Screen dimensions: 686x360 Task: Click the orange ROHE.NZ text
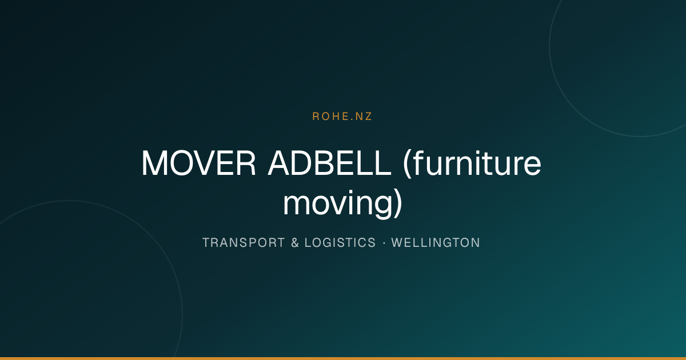(342, 117)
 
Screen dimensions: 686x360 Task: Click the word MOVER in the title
(198, 163)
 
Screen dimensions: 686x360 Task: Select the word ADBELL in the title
(329, 163)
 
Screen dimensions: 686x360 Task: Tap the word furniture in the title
(477, 163)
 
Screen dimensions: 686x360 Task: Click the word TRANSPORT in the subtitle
(244, 243)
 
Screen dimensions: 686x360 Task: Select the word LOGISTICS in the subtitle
(340, 243)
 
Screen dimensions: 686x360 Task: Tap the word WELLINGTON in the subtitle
(436, 243)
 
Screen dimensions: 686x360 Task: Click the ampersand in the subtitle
(295, 243)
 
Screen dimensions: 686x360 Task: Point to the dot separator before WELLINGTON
(384, 243)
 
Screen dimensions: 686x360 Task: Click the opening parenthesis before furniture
(406, 164)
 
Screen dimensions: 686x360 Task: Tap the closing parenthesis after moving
(398, 203)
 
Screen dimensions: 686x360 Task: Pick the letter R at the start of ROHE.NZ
(316, 117)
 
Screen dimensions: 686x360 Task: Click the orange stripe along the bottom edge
(343, 358)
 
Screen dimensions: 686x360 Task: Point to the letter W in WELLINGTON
(397, 243)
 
